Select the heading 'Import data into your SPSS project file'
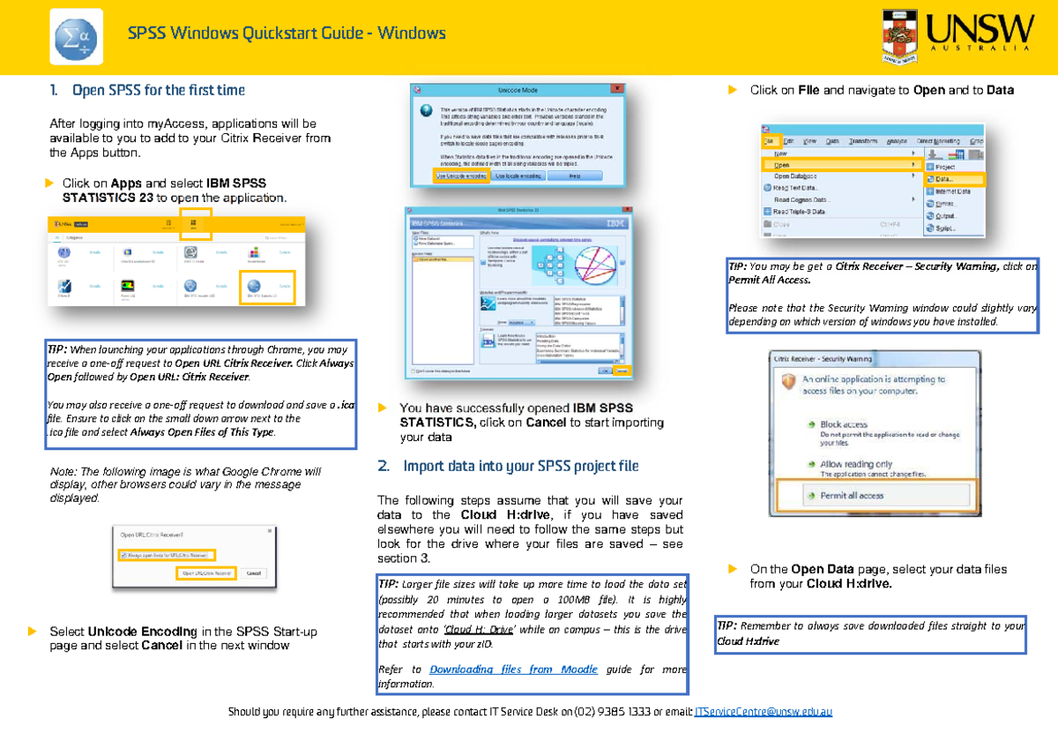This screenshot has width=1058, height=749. [x=521, y=466]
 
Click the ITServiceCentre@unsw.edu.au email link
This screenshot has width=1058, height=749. [x=764, y=711]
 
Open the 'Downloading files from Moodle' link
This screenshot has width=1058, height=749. [x=513, y=670]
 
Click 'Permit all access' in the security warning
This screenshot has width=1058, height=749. [x=852, y=495]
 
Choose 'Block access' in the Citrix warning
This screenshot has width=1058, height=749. [x=844, y=424]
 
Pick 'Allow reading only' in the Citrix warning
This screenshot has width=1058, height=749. [x=855, y=463]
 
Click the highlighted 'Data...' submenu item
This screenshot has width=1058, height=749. [x=943, y=179]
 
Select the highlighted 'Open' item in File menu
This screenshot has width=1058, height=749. [x=783, y=165]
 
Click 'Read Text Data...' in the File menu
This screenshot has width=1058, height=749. [x=795, y=187]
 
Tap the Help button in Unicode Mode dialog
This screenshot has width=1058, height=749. [x=575, y=176]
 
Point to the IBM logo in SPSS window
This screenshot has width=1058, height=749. [x=607, y=224]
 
